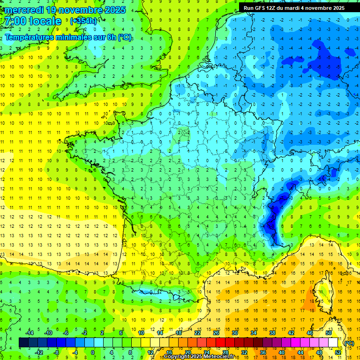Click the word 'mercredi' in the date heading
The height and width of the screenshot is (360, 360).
[x=25, y=10]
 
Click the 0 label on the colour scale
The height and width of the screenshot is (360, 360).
[x=93, y=352]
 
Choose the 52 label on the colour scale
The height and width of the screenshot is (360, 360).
[x=337, y=352]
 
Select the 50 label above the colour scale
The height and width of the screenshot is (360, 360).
[x=328, y=333]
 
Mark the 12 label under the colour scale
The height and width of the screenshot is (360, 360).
[x=150, y=352]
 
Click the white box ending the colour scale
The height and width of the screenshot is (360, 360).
[x=333, y=343]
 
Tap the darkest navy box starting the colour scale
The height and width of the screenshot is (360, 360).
[x=23, y=343]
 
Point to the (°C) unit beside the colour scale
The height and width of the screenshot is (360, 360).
[x=349, y=343]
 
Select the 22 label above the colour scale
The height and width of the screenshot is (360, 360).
[x=197, y=333]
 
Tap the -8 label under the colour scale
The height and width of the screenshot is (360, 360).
[x=56, y=352]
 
